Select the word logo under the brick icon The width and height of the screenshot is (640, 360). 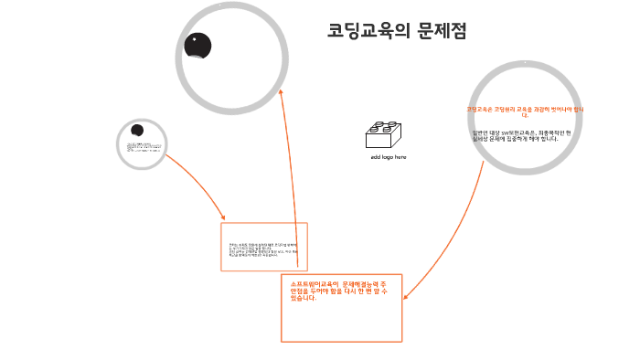[x=388, y=157]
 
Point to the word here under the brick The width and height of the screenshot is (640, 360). [x=400, y=157]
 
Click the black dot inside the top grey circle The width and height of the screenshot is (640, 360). [x=197, y=45]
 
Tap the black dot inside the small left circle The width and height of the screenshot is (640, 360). [x=137, y=131]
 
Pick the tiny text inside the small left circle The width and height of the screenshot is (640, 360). [x=143, y=145]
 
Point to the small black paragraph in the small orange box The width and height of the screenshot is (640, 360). [x=263, y=249]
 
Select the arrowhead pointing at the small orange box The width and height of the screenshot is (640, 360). [x=223, y=217]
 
